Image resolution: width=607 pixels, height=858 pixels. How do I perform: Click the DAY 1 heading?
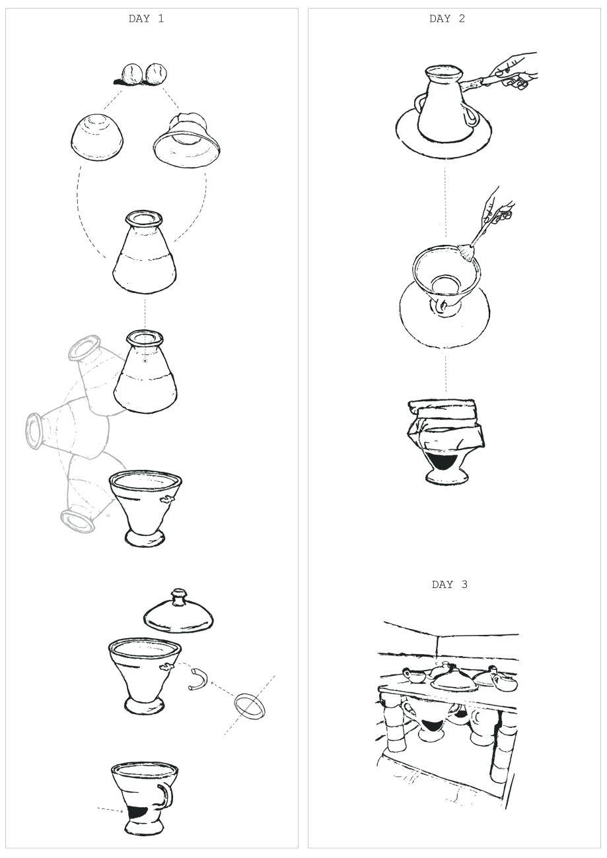[146, 18]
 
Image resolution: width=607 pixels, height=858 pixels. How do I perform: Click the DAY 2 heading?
[446, 18]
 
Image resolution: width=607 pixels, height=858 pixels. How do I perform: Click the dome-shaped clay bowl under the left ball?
[98, 137]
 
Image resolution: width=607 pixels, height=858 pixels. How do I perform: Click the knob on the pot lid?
[178, 606]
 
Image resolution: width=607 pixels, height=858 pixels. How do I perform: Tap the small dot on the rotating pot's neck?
[145, 360]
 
